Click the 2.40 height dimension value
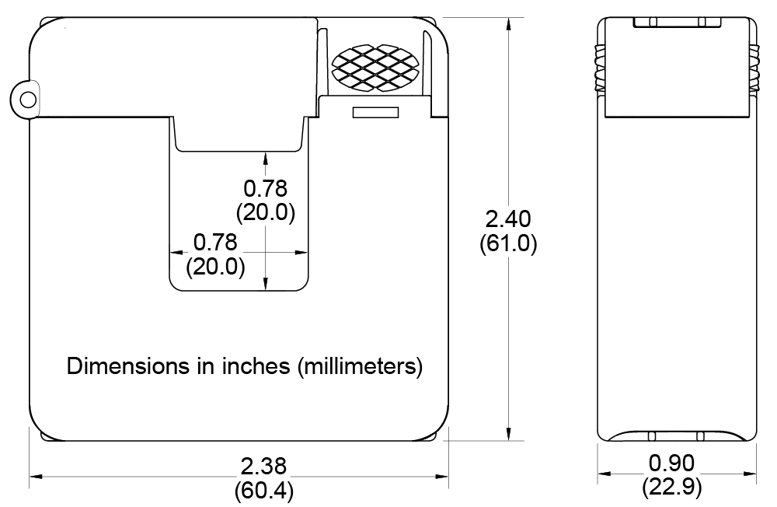(x=508, y=219)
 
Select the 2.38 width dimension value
(x=263, y=467)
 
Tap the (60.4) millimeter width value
(x=263, y=491)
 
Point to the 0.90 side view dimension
(x=671, y=463)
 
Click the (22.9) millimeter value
(x=671, y=488)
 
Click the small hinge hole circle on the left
(x=28, y=100)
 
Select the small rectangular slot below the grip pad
(x=375, y=113)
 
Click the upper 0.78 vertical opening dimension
(x=266, y=188)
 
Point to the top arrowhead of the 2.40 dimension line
(x=508, y=23)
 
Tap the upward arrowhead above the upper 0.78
(x=266, y=158)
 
